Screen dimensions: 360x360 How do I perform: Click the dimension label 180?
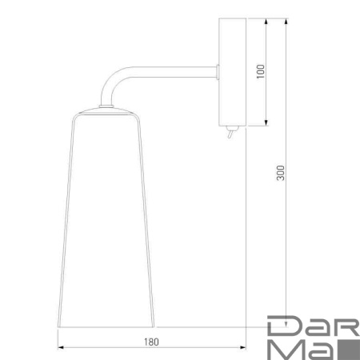click(x=153, y=342)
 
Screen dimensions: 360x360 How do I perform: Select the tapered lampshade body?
click(x=106, y=224)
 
